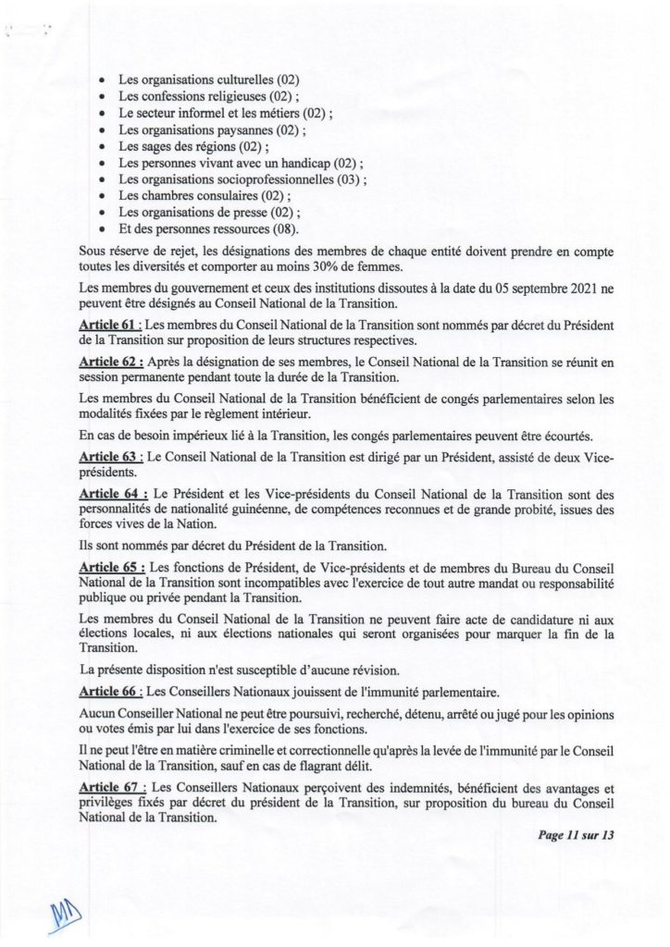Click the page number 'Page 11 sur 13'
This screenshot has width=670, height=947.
pyautogui.click(x=574, y=837)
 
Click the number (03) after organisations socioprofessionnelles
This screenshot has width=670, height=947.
pyautogui.click(x=346, y=178)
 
